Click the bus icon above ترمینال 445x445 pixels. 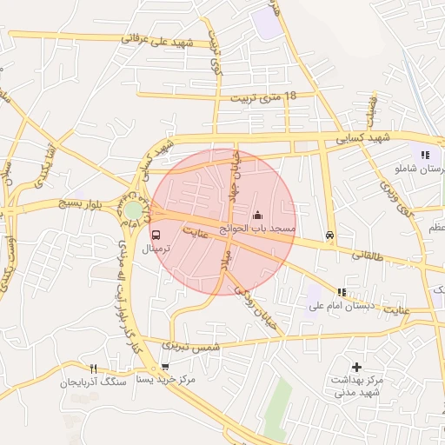tap(156, 235)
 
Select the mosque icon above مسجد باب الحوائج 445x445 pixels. tap(257, 215)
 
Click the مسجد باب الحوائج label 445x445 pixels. tap(257, 228)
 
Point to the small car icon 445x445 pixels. tap(329, 235)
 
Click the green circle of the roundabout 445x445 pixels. tap(133, 210)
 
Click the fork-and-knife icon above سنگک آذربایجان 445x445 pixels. tap(93, 368)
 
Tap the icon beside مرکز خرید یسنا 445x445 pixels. tap(164, 367)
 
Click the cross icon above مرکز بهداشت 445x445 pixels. tap(356, 367)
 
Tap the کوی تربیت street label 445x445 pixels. tap(214, 51)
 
